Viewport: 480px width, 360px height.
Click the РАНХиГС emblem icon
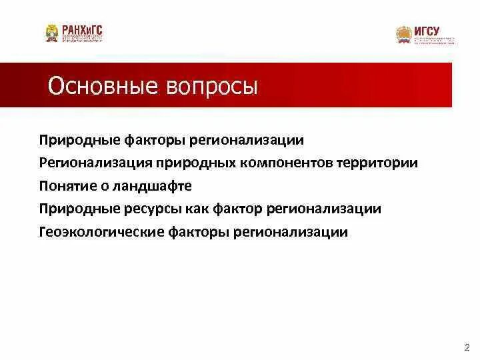pos(51,33)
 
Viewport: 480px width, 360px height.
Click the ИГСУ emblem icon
pos(403,34)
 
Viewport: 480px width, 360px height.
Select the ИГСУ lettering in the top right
pos(427,31)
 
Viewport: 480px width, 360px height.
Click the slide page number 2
pos(466,347)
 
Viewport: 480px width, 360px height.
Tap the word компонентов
pos(279,163)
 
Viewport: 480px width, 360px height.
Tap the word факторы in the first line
pos(154,140)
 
